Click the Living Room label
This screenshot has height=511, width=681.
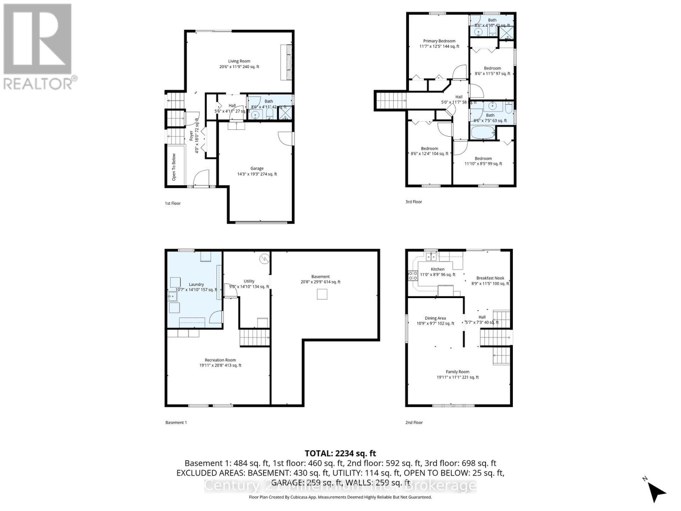point(239,61)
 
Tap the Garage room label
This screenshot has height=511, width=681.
point(257,169)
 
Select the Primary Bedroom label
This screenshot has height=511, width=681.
point(439,41)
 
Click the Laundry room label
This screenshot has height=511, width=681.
point(196,284)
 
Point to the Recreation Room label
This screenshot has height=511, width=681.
point(220,360)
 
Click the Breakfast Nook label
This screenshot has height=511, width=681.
point(490,278)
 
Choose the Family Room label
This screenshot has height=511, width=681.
point(458,372)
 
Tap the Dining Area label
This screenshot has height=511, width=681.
point(435,318)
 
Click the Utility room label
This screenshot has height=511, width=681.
point(249,281)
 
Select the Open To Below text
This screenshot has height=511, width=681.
point(174,167)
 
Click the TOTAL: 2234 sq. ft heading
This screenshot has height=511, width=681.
point(340,454)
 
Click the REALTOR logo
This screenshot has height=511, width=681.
point(38,47)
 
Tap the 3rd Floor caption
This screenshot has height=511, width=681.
point(414,202)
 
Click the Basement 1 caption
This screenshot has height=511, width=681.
point(176,422)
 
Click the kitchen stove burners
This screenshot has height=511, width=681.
point(412,276)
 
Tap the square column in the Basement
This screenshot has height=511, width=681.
point(322,294)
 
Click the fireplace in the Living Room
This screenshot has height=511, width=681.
point(286,63)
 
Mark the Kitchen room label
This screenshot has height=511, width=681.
point(438,270)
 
